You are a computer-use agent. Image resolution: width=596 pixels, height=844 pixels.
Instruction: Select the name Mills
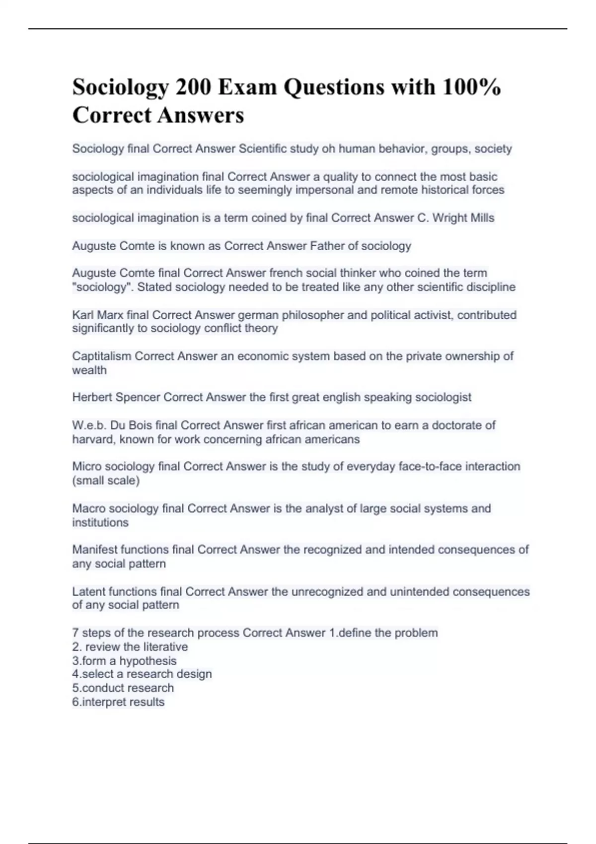pyautogui.click(x=480, y=217)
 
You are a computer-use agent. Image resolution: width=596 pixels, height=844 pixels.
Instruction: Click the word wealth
pyautogui.click(x=89, y=370)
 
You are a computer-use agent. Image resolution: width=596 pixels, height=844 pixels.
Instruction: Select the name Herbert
pyautogui.click(x=92, y=397)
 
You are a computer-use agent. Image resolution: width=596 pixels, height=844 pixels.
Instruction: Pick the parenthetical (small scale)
pyautogui.click(x=106, y=481)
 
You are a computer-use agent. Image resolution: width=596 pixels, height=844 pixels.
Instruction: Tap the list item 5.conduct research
pyautogui.click(x=123, y=688)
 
